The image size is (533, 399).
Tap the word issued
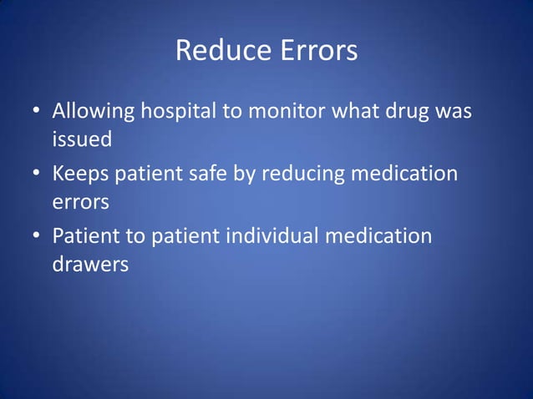82,140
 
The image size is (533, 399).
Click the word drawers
90,265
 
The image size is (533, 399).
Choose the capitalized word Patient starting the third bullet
88,236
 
